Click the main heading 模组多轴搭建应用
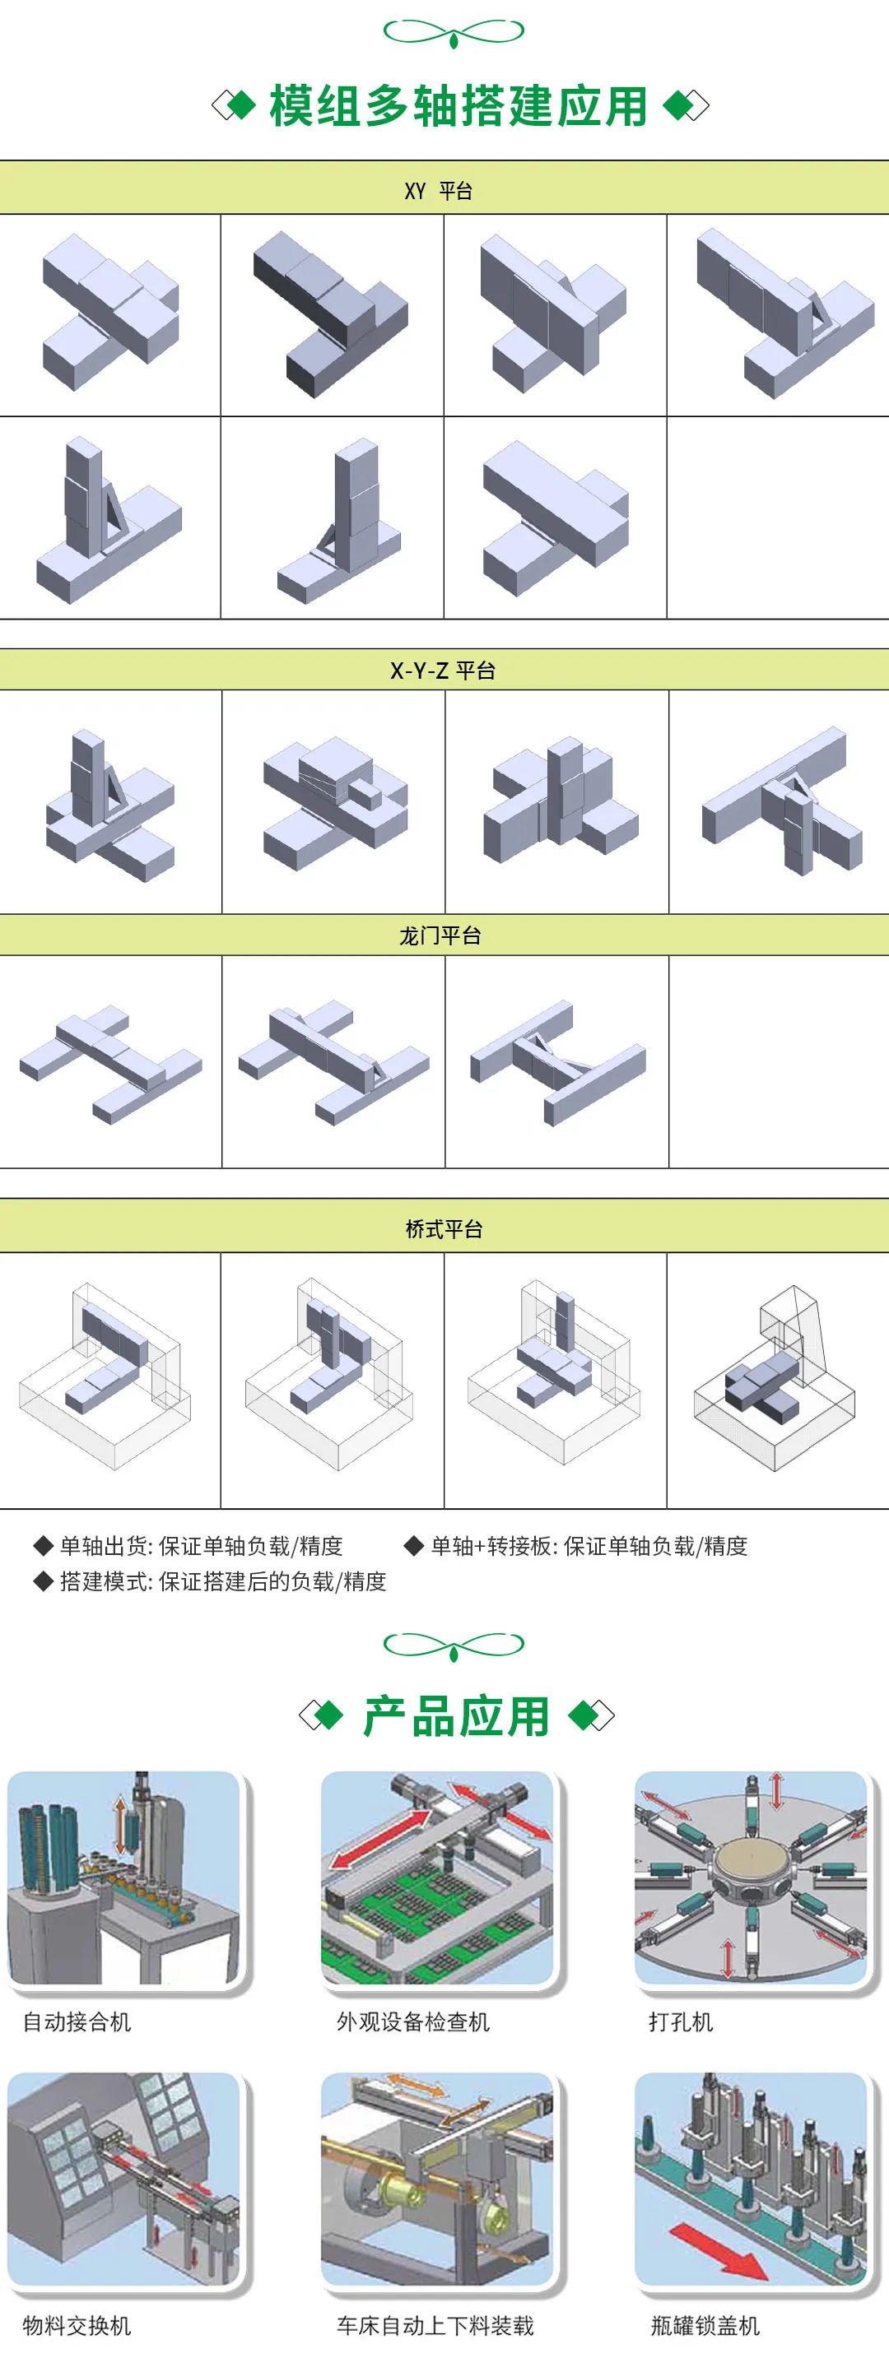(458, 106)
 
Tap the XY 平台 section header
(439, 190)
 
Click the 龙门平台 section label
(440, 935)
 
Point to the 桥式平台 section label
(444, 1228)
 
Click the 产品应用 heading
(456, 1716)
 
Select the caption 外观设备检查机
(413, 2021)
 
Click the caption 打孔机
(680, 2021)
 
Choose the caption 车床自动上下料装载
(435, 2325)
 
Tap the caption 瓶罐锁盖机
(705, 2325)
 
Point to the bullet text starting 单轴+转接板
(589, 1546)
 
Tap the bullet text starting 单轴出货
(201, 1546)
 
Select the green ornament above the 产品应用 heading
(454, 1645)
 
